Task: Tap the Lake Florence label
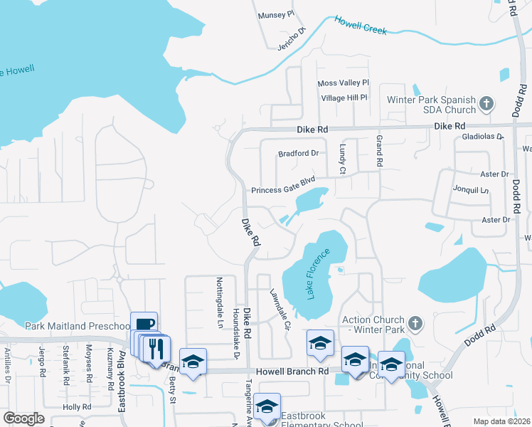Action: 319,274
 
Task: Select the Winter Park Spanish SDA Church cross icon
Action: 486,105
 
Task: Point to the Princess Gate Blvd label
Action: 283,187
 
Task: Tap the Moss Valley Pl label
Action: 344,83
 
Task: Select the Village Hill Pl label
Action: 344,97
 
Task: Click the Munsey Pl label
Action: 276,14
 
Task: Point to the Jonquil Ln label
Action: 471,190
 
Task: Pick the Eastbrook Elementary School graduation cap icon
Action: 267,406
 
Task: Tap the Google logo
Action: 23,418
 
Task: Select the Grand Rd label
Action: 379,151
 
